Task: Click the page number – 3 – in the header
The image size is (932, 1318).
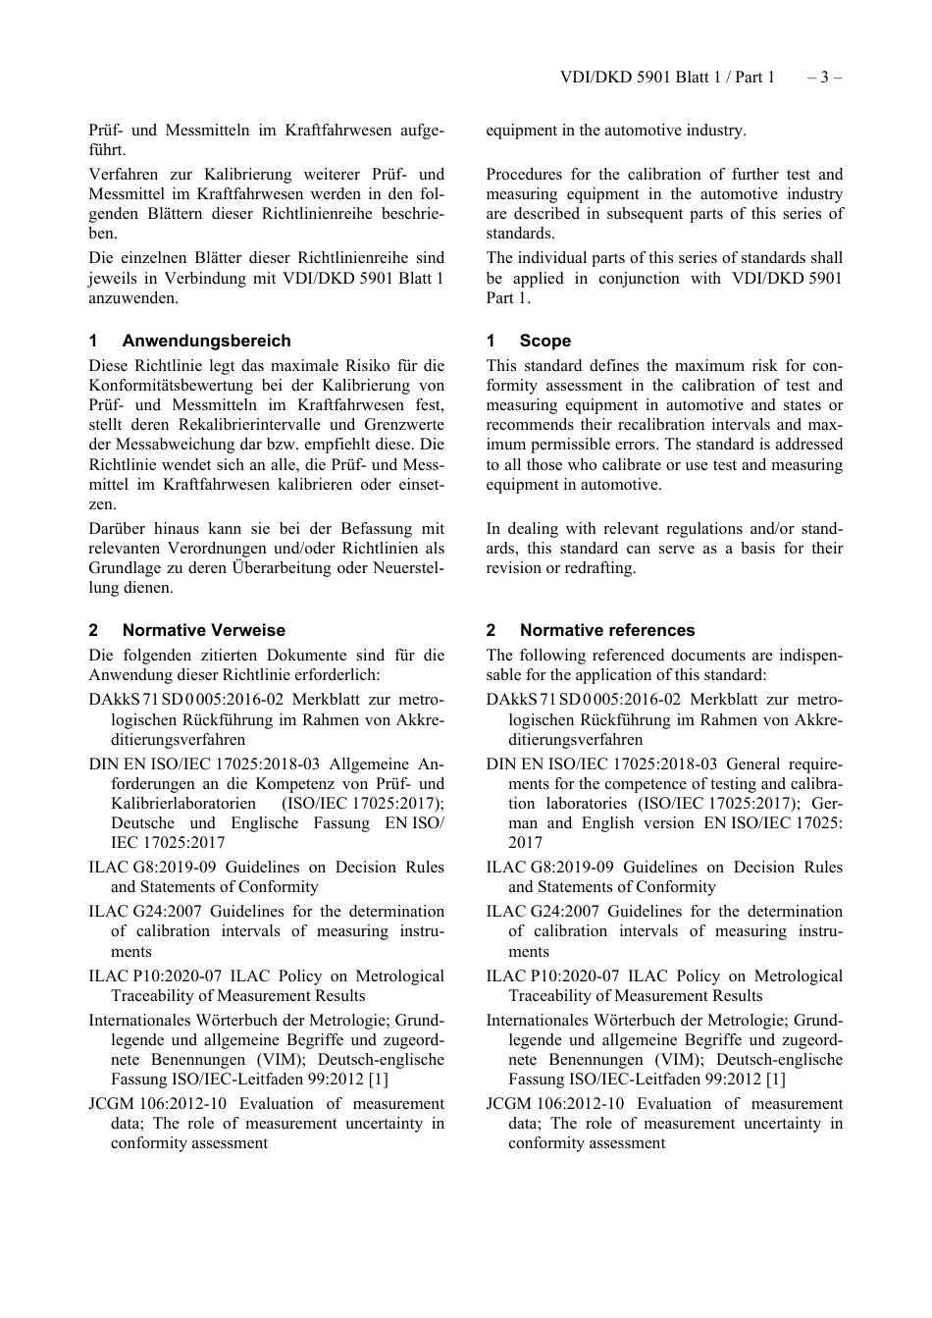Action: tap(824, 77)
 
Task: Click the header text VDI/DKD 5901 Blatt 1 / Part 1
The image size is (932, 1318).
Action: tap(667, 77)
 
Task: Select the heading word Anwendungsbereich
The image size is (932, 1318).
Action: tap(206, 341)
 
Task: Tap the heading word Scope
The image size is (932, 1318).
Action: tap(545, 341)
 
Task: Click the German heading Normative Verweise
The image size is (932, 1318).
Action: tap(204, 630)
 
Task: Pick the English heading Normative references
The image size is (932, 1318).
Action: tap(607, 630)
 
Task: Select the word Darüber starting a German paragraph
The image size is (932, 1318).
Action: tap(117, 529)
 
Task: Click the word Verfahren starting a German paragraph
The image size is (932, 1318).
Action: tap(122, 175)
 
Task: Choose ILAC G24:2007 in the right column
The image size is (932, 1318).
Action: tap(542, 912)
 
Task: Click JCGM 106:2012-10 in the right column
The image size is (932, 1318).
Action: tap(554, 1104)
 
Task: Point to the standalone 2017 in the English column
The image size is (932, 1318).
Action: tap(525, 843)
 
